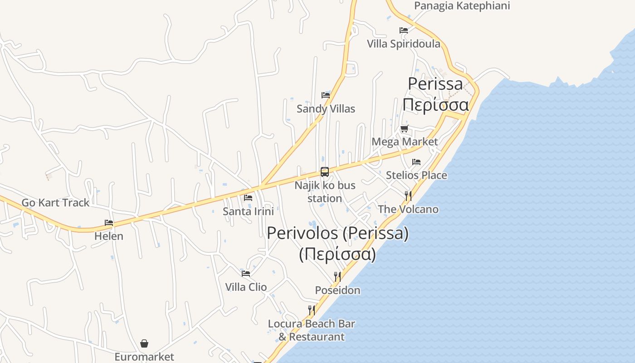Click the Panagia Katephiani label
[x=462, y=6]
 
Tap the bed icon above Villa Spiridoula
[x=404, y=30]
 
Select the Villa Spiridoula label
[x=404, y=44]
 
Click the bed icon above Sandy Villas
[x=326, y=95]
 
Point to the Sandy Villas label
[x=326, y=109]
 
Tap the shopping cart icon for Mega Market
[x=404, y=128]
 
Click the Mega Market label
[x=405, y=142]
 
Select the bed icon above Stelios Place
[x=416, y=162]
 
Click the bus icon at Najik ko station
[x=325, y=172]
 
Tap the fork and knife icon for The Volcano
[x=408, y=196]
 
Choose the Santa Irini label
[x=248, y=211]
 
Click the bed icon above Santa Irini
[x=248, y=198]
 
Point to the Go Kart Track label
[x=55, y=203]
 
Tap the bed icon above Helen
[x=109, y=223]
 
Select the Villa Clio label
[x=246, y=287]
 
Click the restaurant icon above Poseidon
[x=337, y=277]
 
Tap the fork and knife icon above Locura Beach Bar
[x=312, y=310]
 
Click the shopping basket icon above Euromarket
[x=144, y=343]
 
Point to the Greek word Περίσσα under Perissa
[x=435, y=105]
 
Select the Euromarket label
[x=144, y=357]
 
